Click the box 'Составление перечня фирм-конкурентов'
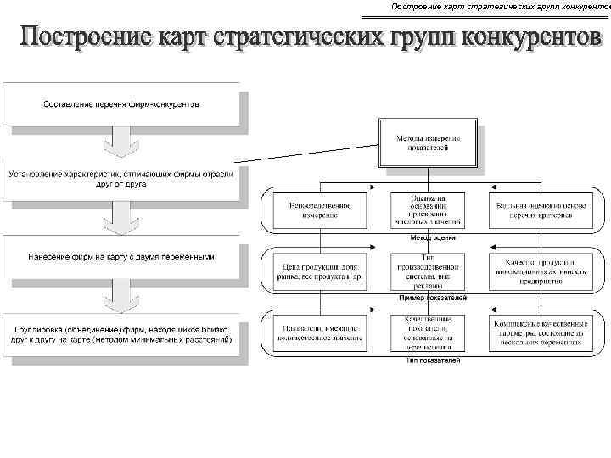pos(121,104)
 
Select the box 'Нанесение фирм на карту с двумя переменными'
pos(121,256)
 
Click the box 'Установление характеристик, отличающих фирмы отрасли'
pos(121,179)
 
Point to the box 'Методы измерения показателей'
pos(429,142)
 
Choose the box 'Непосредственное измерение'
pos(319,210)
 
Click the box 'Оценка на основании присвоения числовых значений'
pos(429,210)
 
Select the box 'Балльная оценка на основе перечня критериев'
pos(540,210)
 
